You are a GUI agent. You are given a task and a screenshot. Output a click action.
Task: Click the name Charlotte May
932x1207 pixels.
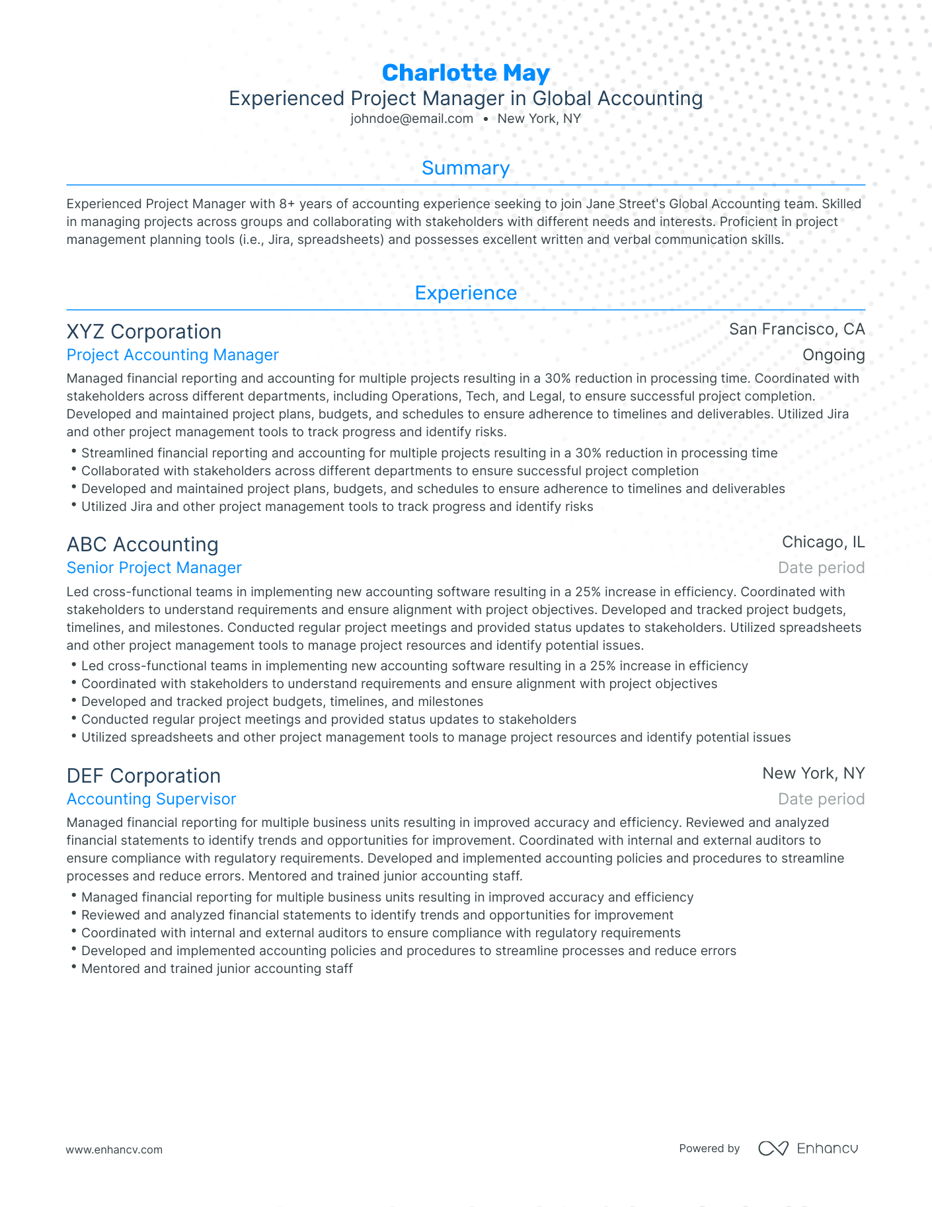[465, 73]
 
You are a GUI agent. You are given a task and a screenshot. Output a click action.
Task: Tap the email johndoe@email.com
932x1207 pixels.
[412, 119]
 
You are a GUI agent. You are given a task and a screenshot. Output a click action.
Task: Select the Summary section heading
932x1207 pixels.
[465, 168]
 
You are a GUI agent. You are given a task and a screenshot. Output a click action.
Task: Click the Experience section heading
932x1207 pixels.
[465, 293]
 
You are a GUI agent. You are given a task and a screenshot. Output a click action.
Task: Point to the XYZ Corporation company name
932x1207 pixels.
[144, 331]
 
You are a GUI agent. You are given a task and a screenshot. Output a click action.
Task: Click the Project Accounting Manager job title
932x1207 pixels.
[173, 355]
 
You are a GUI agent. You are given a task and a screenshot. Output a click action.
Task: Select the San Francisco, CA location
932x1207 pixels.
[796, 329]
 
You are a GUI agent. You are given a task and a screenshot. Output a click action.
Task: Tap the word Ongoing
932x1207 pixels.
[833, 355]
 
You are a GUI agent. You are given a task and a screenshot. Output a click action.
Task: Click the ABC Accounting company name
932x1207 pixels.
[142, 544]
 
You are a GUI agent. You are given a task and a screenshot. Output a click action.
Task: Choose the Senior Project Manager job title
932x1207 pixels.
[154, 568]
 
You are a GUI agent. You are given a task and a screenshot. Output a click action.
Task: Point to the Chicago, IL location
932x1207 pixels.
[823, 542]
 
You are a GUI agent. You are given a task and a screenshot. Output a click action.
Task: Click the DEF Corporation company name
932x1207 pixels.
[143, 775]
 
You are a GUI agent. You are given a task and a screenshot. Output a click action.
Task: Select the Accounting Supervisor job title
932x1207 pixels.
[151, 799]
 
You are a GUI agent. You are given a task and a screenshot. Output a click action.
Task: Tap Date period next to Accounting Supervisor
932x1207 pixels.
[821, 799]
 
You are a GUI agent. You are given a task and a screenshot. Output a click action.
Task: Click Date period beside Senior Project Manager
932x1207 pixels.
[821, 568]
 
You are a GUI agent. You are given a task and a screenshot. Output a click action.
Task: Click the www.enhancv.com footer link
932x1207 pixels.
[114, 1149]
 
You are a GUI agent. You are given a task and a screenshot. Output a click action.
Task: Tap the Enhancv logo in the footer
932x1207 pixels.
[808, 1148]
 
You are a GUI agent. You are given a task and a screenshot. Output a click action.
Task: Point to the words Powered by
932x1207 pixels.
[709, 1149]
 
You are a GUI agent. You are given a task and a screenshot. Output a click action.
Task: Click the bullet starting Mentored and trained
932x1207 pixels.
[217, 968]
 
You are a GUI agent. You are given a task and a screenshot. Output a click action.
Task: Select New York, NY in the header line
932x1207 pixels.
[539, 119]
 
